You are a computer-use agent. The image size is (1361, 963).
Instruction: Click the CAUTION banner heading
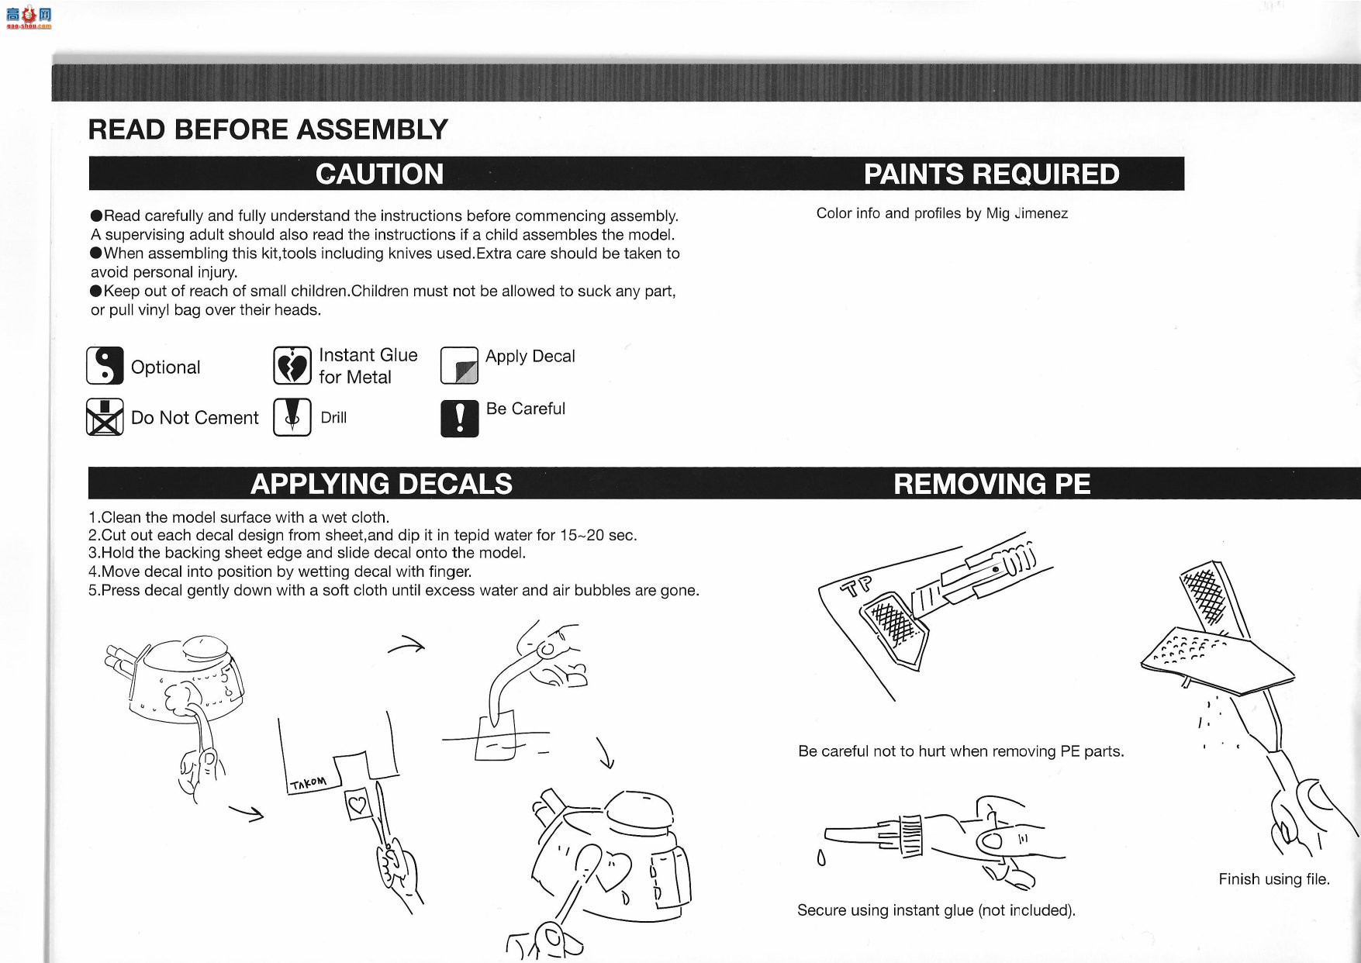380,174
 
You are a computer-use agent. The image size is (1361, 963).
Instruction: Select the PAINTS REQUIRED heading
992,174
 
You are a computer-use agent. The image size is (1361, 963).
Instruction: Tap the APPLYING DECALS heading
382,484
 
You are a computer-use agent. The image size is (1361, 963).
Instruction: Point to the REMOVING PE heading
992,484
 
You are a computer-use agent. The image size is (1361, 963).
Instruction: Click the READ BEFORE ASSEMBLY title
268,129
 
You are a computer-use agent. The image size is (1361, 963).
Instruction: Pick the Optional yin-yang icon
105,366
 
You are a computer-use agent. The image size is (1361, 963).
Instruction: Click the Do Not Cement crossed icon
105,417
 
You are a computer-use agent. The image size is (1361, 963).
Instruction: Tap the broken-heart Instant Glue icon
292,366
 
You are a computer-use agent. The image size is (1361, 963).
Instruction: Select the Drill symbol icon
292,417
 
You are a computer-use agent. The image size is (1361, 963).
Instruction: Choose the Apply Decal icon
459,366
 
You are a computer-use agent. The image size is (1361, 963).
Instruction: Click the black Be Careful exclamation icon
459,418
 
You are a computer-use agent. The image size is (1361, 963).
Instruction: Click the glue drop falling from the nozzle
821,858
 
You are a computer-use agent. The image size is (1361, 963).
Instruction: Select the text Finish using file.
1274,879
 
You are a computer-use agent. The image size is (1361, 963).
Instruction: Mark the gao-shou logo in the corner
28,16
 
